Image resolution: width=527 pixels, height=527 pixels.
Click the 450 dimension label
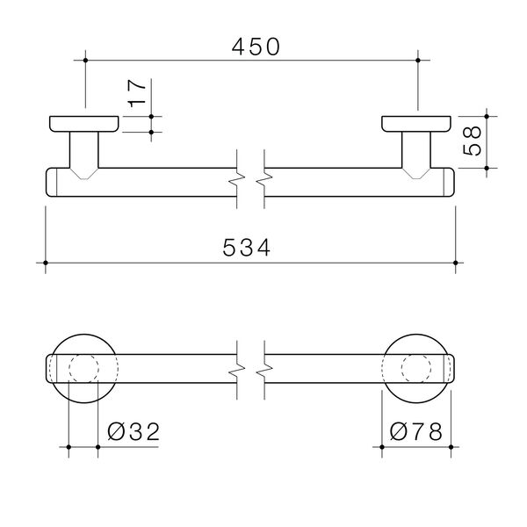coord(256,47)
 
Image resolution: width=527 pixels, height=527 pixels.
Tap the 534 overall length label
coord(246,248)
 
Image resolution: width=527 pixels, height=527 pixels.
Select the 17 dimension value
coord(137,93)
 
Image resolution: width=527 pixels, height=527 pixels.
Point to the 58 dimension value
coord(472,141)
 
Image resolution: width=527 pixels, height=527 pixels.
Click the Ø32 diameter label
coord(134,431)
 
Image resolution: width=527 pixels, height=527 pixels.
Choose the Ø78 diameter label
coord(416,431)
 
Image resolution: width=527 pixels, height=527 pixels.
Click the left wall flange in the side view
coord(84,124)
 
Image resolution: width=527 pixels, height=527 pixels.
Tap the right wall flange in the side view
coord(416,124)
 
